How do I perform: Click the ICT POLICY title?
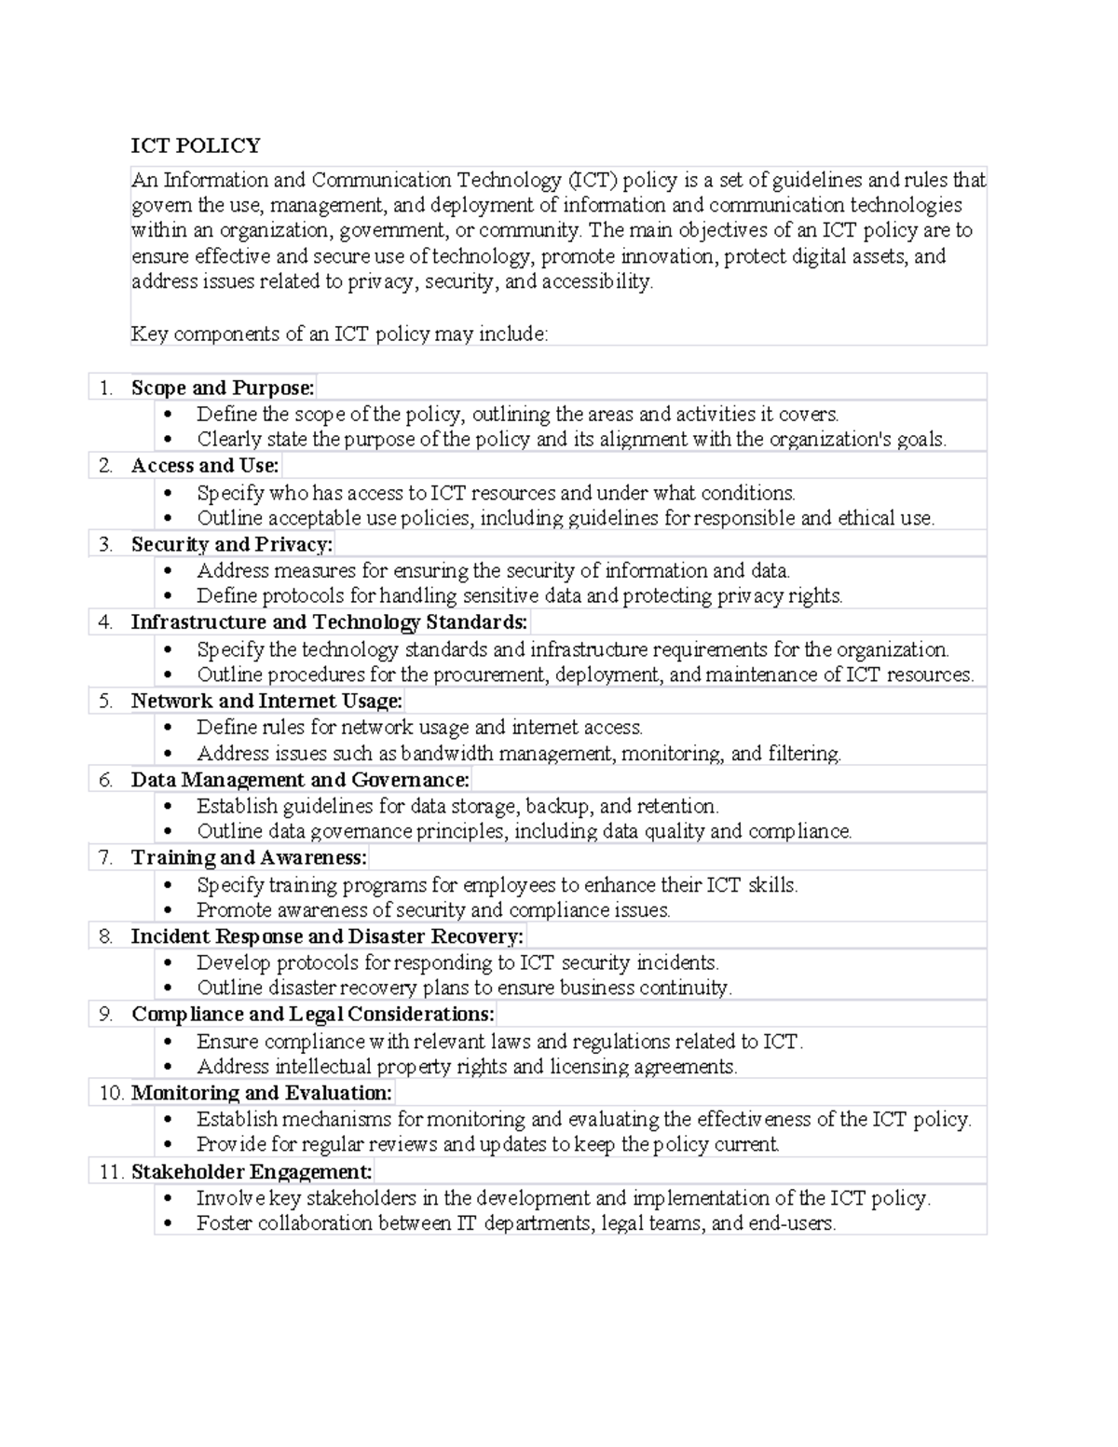[x=196, y=145]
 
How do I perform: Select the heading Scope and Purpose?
[x=223, y=388]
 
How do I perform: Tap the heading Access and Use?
[x=205, y=466]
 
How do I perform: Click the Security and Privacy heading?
[x=231, y=544]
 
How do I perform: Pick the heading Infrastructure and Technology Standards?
[x=329, y=622]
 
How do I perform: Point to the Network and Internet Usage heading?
[x=266, y=701]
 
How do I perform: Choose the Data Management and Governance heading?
[x=300, y=780]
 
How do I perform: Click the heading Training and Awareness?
[x=249, y=857]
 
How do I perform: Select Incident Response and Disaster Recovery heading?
[x=327, y=936]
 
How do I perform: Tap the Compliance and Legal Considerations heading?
[x=313, y=1015]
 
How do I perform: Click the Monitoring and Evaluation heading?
[x=262, y=1093]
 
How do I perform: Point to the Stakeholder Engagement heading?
[x=252, y=1172]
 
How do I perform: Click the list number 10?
[x=111, y=1093]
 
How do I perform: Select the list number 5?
[x=105, y=701]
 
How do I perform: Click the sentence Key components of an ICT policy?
[x=339, y=334]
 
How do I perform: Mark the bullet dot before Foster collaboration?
[x=168, y=1224]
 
